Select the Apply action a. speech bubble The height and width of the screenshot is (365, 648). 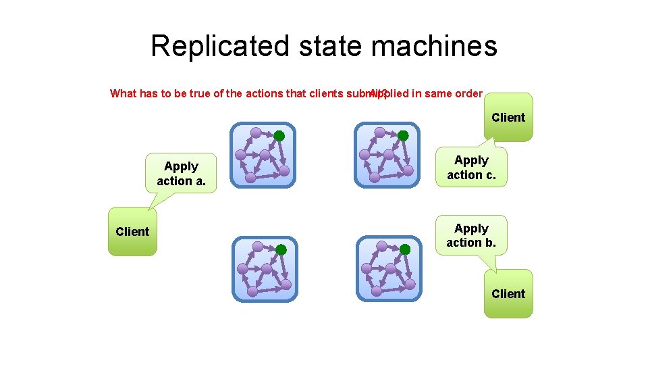click(x=181, y=174)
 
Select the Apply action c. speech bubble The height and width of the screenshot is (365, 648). click(x=471, y=168)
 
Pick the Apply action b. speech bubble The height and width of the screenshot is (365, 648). click(x=471, y=235)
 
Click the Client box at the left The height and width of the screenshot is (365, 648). click(x=132, y=232)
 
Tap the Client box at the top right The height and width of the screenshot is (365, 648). click(x=508, y=118)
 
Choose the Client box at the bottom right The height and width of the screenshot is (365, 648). click(x=508, y=294)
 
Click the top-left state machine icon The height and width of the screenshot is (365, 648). click(x=263, y=155)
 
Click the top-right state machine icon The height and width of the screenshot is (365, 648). click(x=387, y=155)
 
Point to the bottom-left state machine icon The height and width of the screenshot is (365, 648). click(x=265, y=269)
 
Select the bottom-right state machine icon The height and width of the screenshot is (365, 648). click(x=389, y=269)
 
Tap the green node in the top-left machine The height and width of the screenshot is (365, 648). click(x=279, y=136)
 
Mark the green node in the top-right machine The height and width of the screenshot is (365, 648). click(x=403, y=136)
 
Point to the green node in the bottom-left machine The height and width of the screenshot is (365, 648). click(x=281, y=250)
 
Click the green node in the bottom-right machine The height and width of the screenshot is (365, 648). click(x=405, y=250)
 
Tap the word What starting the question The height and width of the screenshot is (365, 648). click(x=123, y=93)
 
